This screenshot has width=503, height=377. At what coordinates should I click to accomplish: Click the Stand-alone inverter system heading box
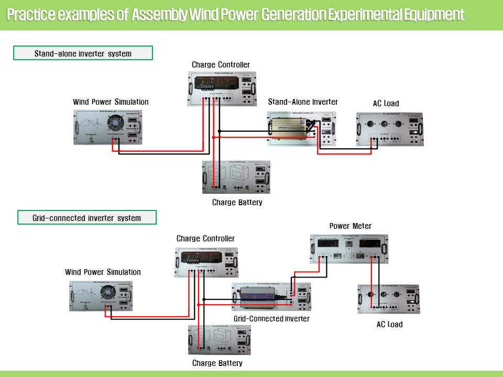pyautogui.click(x=83, y=53)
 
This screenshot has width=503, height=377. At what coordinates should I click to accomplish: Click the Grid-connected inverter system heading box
pyautogui.click(x=87, y=218)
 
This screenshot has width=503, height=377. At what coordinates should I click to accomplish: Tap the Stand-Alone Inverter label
pyautogui.click(x=303, y=102)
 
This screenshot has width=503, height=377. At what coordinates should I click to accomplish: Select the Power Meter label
pyautogui.click(x=350, y=226)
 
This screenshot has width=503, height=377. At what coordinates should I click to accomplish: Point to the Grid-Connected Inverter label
pyautogui.click(x=271, y=319)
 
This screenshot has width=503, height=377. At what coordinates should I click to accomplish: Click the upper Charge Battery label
pyautogui.click(x=237, y=203)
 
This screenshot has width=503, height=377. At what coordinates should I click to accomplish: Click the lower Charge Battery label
pyautogui.click(x=217, y=363)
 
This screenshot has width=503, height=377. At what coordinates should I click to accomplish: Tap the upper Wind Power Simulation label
pyautogui.click(x=111, y=102)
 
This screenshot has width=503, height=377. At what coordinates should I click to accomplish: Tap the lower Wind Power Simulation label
pyautogui.click(x=103, y=272)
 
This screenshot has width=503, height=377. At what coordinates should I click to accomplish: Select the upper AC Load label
pyautogui.click(x=386, y=104)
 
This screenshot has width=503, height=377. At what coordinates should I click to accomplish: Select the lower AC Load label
pyautogui.click(x=389, y=325)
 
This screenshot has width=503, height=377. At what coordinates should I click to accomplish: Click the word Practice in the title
pyautogui.click(x=31, y=15)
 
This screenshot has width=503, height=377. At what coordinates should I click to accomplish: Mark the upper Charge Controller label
pyautogui.click(x=221, y=65)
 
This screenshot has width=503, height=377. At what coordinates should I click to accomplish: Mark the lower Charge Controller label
pyautogui.click(x=205, y=239)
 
